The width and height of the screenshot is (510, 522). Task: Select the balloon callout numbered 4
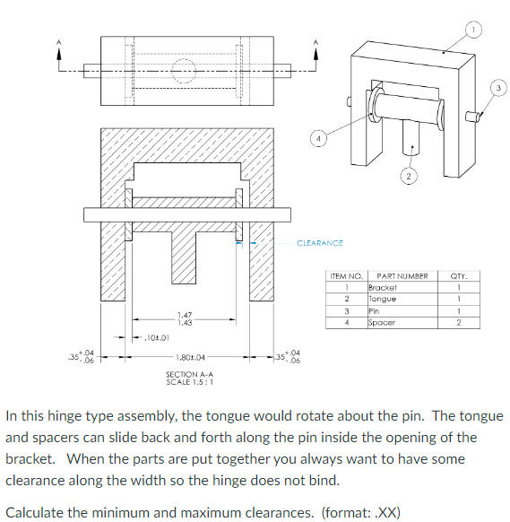[x=316, y=138]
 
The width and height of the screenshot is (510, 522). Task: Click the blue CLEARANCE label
[x=319, y=242]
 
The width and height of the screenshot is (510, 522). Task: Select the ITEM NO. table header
[x=346, y=276]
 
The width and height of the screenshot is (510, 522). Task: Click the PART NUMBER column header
[x=402, y=276]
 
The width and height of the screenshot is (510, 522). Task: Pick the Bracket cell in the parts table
[x=383, y=287]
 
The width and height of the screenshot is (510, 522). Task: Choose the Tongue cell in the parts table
[x=383, y=299]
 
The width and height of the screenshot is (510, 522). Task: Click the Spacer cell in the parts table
[x=383, y=321]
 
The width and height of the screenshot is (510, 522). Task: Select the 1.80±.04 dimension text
[x=189, y=356]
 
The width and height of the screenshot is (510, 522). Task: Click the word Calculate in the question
[x=37, y=512]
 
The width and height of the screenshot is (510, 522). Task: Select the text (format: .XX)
[x=362, y=512]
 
